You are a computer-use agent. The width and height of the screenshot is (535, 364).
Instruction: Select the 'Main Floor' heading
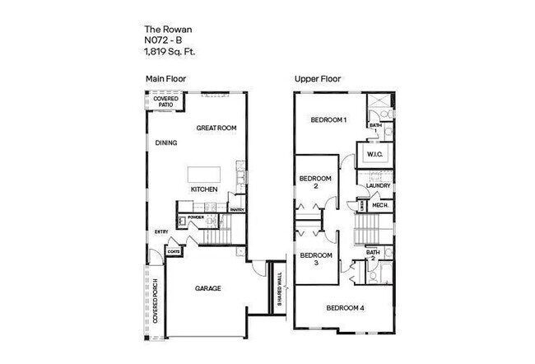click(165, 80)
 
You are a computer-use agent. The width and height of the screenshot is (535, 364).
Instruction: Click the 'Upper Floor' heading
click(318, 80)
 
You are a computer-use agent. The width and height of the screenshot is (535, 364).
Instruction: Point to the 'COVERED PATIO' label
click(165, 101)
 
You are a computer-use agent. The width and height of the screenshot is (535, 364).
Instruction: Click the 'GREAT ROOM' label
click(216, 128)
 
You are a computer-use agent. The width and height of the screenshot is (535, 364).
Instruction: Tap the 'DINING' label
click(166, 143)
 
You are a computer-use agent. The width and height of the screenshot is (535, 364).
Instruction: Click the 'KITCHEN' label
click(204, 189)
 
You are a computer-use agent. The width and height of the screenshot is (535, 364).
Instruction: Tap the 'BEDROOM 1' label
click(328, 120)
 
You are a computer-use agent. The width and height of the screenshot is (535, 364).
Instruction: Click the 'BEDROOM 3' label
click(315, 259)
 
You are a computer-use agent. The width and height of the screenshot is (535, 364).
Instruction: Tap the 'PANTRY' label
click(237, 210)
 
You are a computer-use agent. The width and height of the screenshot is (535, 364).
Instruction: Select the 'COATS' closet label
click(174, 251)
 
